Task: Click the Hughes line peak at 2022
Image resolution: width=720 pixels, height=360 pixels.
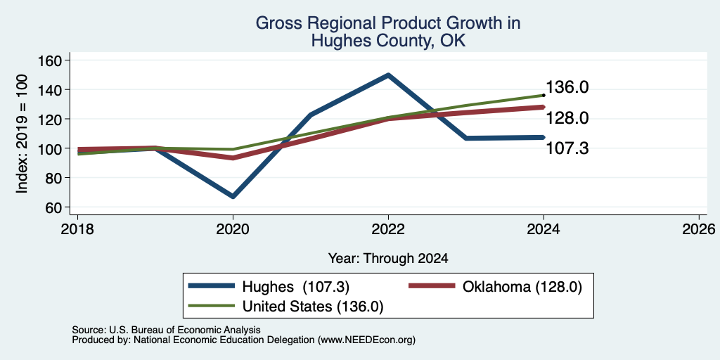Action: pos(388,75)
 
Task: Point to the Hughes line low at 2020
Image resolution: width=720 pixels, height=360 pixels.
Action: pos(233,196)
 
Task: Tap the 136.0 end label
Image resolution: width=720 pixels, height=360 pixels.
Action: pos(567,87)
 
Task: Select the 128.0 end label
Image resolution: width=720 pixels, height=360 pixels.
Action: pos(567,118)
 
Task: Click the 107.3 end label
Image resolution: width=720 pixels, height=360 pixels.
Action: pos(567,148)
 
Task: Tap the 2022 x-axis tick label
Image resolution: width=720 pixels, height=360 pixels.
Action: pos(388,229)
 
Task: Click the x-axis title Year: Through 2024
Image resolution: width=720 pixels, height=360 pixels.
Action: pos(388,259)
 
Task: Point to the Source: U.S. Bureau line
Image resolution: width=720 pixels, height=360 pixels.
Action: pos(166,330)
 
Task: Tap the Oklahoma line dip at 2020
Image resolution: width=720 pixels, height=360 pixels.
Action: pos(233,157)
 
